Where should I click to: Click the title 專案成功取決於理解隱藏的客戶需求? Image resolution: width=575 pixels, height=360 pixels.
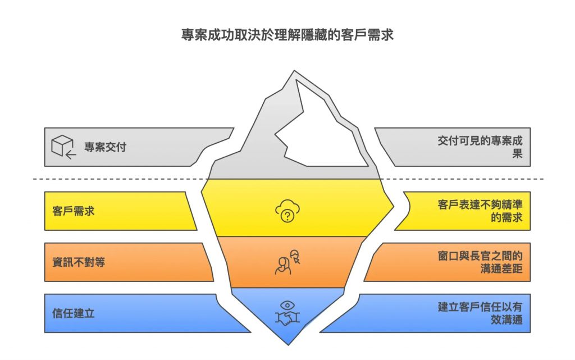click(x=287, y=34)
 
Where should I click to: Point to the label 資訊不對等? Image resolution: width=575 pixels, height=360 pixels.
click(x=79, y=262)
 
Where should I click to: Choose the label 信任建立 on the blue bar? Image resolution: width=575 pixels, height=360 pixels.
click(x=74, y=313)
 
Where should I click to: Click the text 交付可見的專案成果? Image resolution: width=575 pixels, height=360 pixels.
click(x=480, y=147)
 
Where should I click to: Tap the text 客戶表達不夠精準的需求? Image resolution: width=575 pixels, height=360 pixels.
click(x=480, y=211)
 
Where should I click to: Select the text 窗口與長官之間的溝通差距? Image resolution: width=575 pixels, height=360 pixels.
click(x=480, y=262)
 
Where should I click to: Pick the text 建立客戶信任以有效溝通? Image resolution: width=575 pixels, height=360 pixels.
click(x=480, y=313)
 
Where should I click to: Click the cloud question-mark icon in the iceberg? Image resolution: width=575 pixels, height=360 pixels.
click(x=287, y=212)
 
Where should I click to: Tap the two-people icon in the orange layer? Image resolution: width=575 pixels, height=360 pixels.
click(x=287, y=262)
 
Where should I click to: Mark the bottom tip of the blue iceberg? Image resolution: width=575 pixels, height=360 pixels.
click(x=287, y=343)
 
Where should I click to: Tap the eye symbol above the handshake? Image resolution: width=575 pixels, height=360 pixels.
click(x=287, y=305)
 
